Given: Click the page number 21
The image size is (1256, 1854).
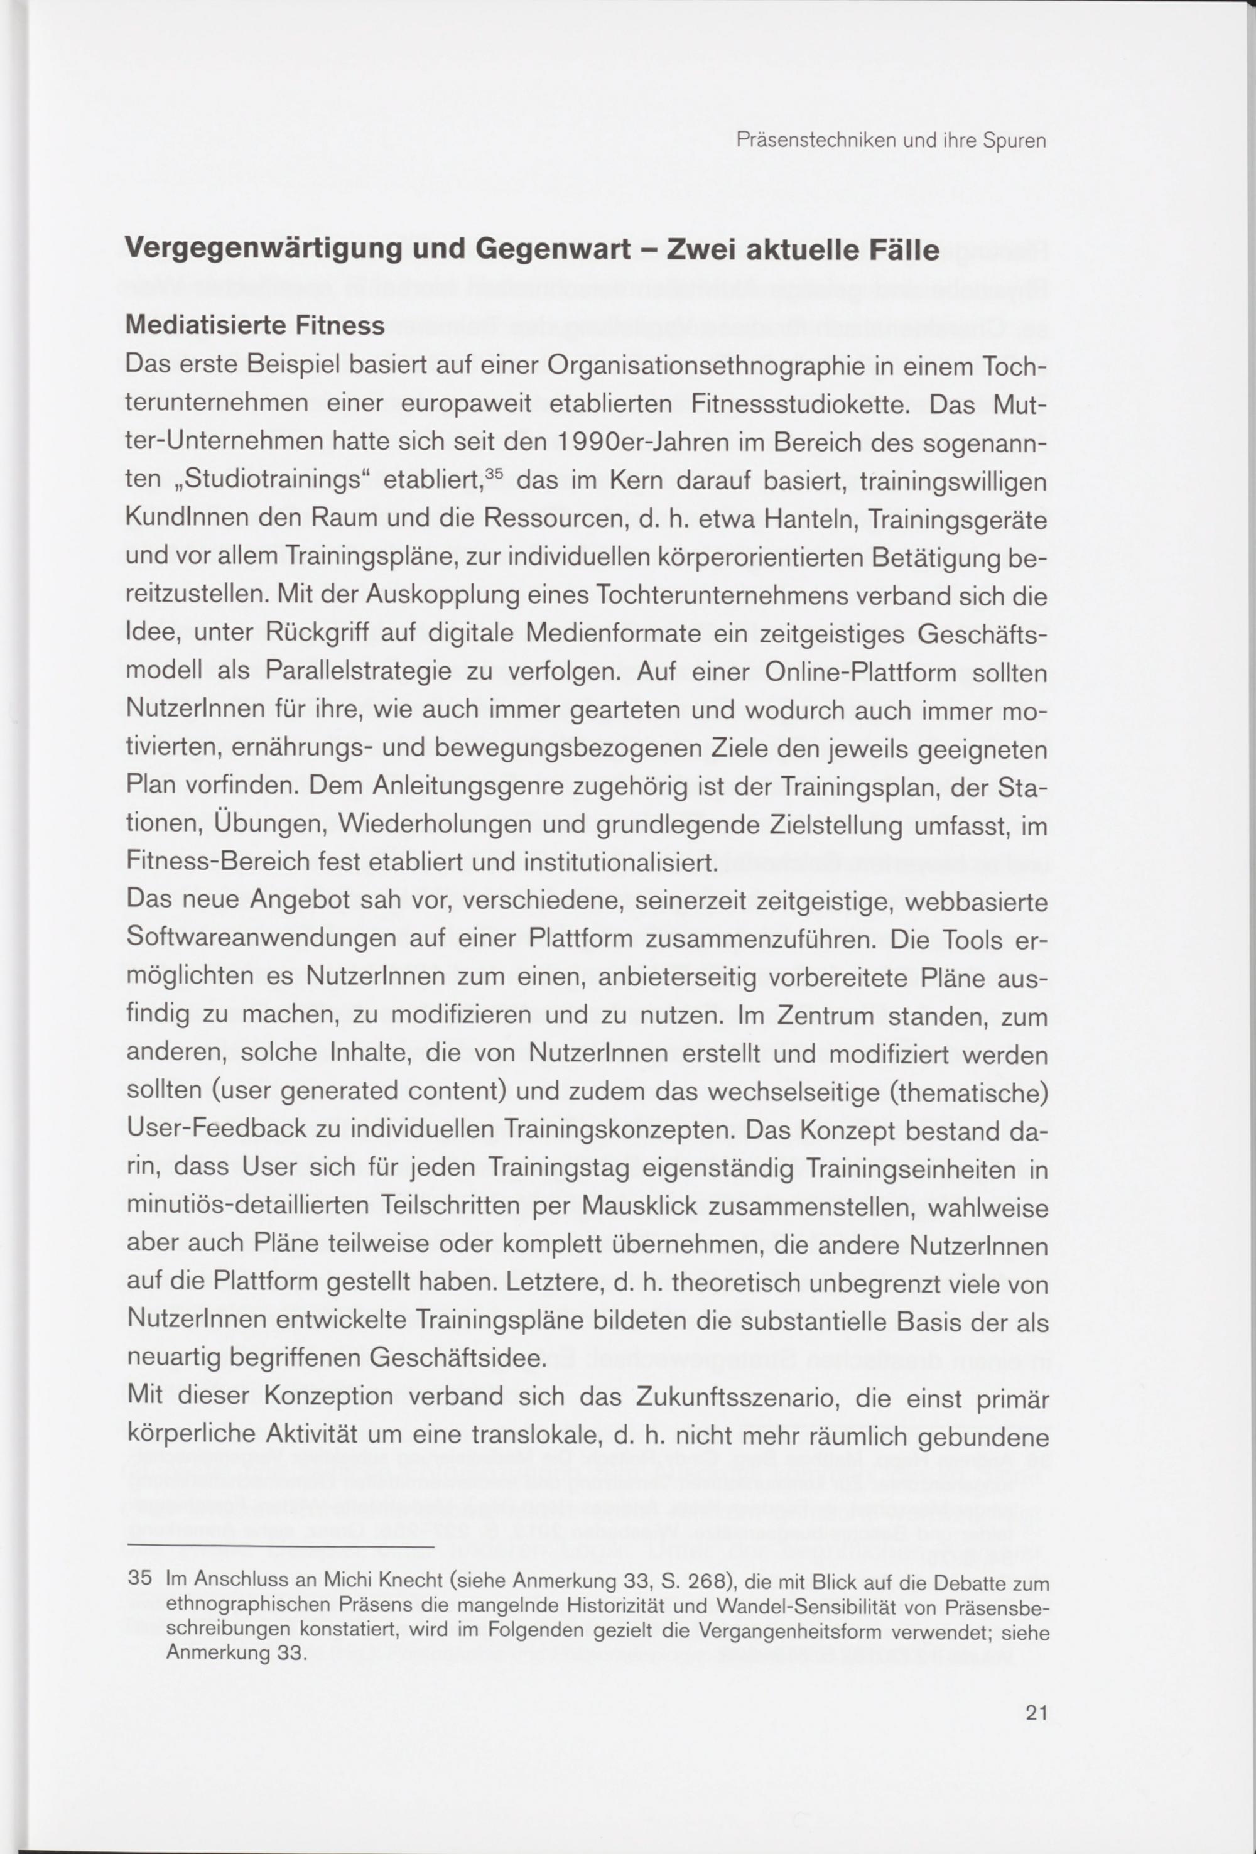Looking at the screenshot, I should click(x=1036, y=1713).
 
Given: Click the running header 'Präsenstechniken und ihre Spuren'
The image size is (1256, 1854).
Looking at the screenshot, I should click(x=891, y=142).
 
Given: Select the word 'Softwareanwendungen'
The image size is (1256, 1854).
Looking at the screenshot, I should click(x=261, y=940).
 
